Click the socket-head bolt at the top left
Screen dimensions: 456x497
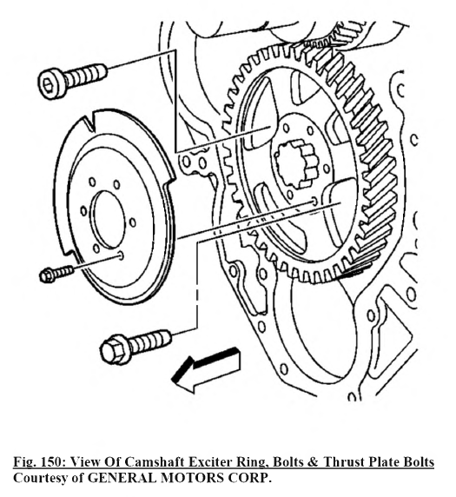[x=72, y=81]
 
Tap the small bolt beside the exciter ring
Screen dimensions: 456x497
[x=56, y=275]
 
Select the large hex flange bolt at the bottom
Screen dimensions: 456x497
[x=135, y=347]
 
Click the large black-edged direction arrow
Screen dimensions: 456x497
[x=206, y=369]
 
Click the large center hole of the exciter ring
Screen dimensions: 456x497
[x=109, y=219]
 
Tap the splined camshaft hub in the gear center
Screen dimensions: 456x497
[x=294, y=163]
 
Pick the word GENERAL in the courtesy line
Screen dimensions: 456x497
[x=122, y=477]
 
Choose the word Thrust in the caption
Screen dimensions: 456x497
[x=341, y=462]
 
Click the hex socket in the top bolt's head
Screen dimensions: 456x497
[x=48, y=85]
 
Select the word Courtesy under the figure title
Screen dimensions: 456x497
[x=40, y=478]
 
